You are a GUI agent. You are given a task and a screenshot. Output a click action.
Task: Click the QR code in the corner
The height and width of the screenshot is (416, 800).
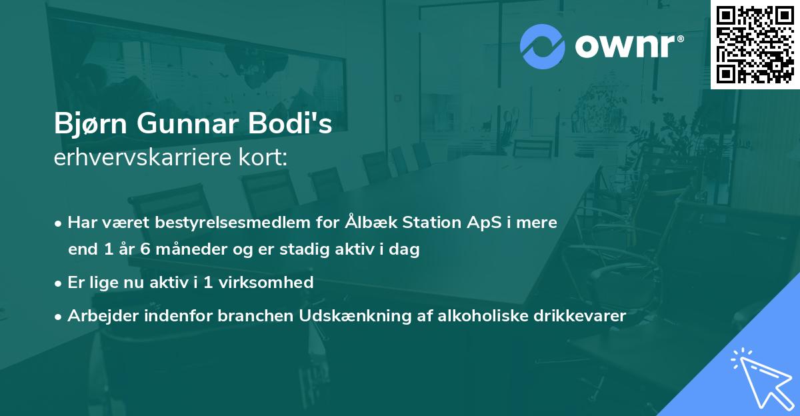[754, 45]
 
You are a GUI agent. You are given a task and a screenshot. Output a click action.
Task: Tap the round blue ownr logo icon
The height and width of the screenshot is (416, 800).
[543, 46]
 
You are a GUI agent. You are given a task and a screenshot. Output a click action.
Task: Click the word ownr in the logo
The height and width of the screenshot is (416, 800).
[629, 46]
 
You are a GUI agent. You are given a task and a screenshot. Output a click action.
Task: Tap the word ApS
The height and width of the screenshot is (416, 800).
[483, 222]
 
